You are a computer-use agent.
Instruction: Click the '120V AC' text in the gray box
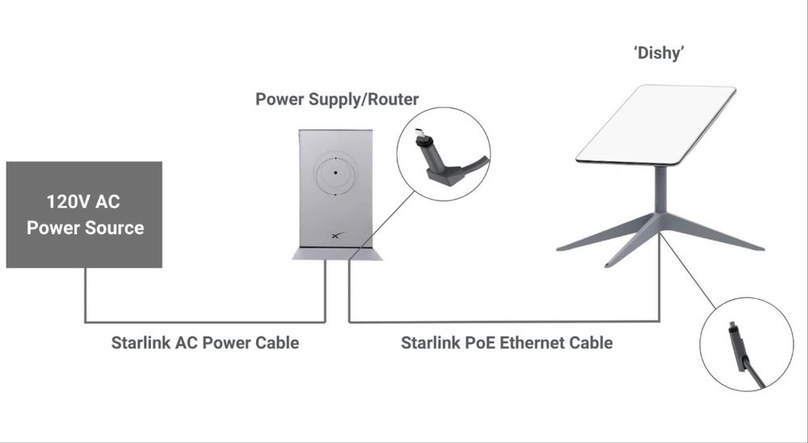tap(83, 201)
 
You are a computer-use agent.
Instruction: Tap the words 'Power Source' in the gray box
tap(85, 228)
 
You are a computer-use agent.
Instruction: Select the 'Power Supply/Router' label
tap(337, 99)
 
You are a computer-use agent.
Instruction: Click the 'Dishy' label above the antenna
tap(659, 53)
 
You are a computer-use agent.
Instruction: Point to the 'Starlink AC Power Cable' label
tap(205, 343)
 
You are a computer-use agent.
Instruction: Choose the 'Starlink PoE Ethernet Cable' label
tap(507, 343)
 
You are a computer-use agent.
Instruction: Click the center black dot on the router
tap(335, 173)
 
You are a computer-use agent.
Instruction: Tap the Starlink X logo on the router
tap(338, 236)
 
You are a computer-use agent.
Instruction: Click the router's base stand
tap(337, 253)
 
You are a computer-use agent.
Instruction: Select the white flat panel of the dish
tap(655, 124)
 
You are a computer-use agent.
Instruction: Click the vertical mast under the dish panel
tap(660, 190)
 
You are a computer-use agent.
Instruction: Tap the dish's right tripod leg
tap(713, 233)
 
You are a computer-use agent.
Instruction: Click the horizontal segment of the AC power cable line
tap(205, 323)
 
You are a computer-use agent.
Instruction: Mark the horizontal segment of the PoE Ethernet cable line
tap(504, 322)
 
